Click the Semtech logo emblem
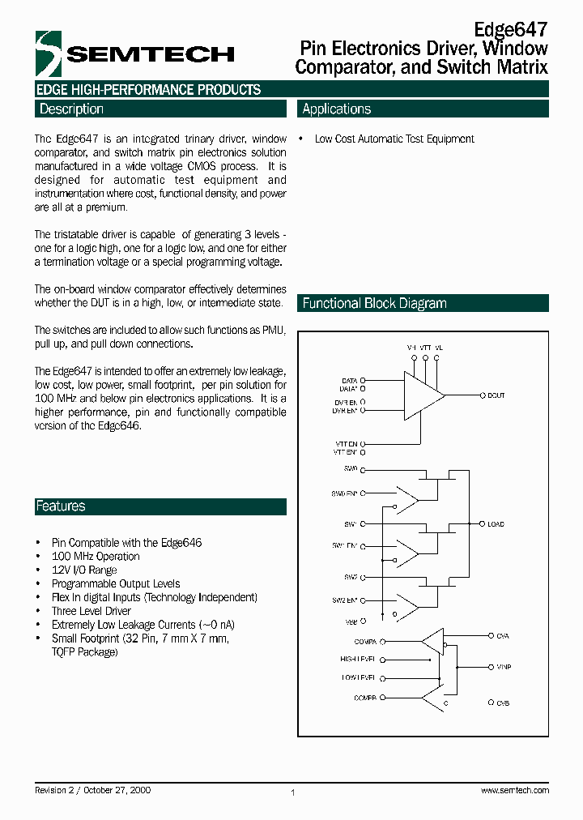[48, 53]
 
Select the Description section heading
[71, 109]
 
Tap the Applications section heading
[336, 109]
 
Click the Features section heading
[60, 506]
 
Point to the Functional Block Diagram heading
[374, 303]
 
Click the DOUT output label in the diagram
[496, 395]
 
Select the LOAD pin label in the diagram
[496, 524]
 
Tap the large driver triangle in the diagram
[422, 395]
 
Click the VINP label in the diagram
[504, 667]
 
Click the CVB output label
[503, 703]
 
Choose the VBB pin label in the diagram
[350, 621]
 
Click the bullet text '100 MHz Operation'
[96, 557]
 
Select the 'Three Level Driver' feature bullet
[91, 611]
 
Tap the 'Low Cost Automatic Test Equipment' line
[394, 139]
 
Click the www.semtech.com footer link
[515, 790]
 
